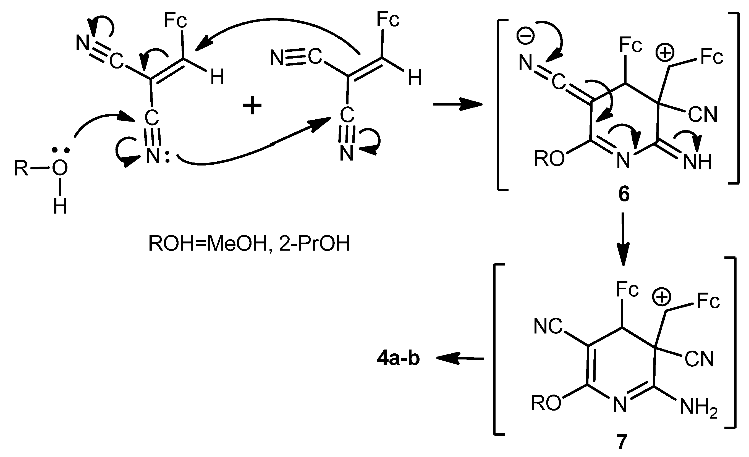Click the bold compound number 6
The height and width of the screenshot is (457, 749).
[x=624, y=195]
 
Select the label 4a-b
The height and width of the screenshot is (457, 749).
[x=398, y=359]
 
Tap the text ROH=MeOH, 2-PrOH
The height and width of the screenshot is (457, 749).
[x=249, y=244]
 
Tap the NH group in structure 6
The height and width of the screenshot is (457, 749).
[x=697, y=162]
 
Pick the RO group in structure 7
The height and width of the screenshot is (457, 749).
[x=546, y=403]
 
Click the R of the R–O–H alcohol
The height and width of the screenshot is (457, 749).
[x=21, y=168]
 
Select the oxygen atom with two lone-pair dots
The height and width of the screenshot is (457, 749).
[x=60, y=168]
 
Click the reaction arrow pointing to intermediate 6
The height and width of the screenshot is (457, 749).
[x=457, y=104]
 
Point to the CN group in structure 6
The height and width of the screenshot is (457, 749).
[x=703, y=115]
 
